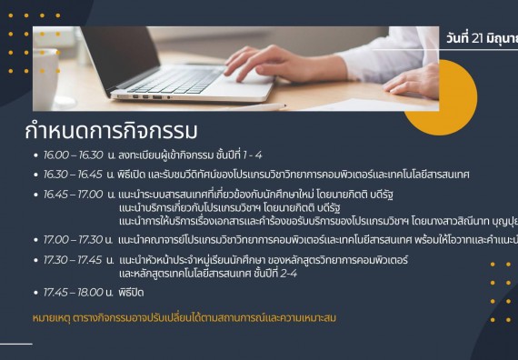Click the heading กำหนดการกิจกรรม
pyautogui.click(x=112, y=130)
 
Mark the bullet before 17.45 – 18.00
pyautogui.click(x=35, y=294)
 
